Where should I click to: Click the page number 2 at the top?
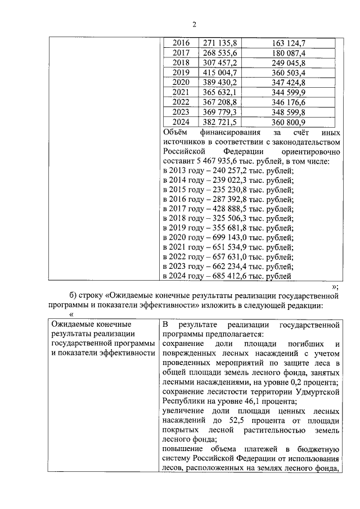(x=195, y=24)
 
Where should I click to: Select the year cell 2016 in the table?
(x=181, y=43)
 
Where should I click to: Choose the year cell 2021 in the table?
(x=181, y=92)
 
